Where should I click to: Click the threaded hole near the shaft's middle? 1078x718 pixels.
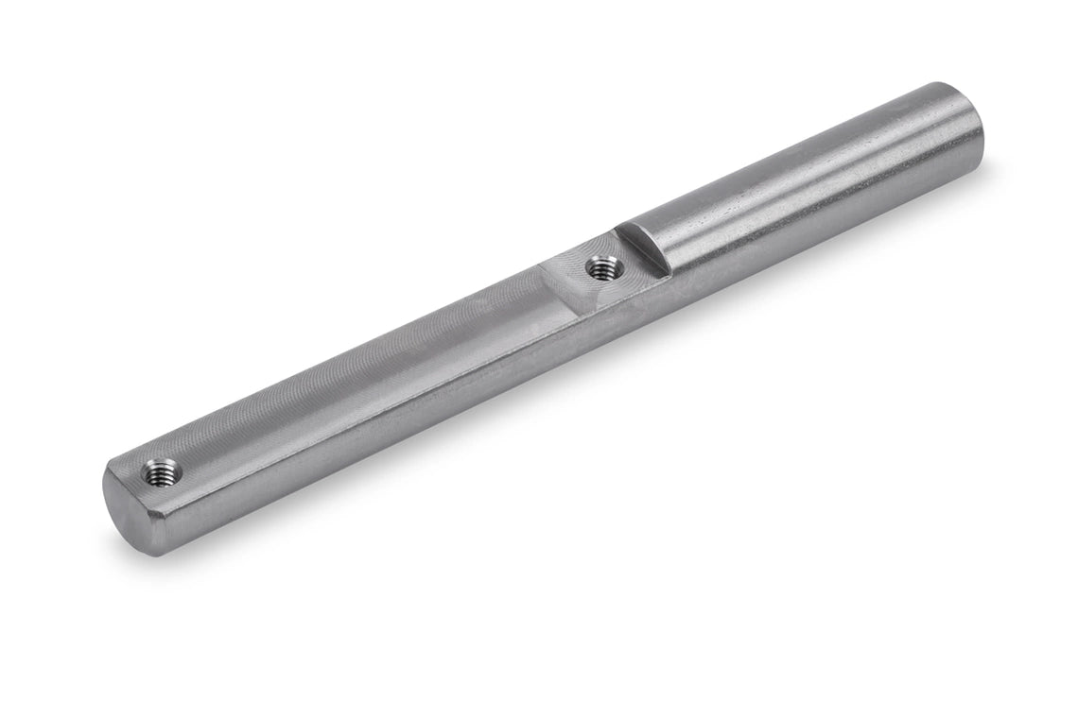599,268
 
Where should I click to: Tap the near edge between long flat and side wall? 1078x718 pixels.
378,406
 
